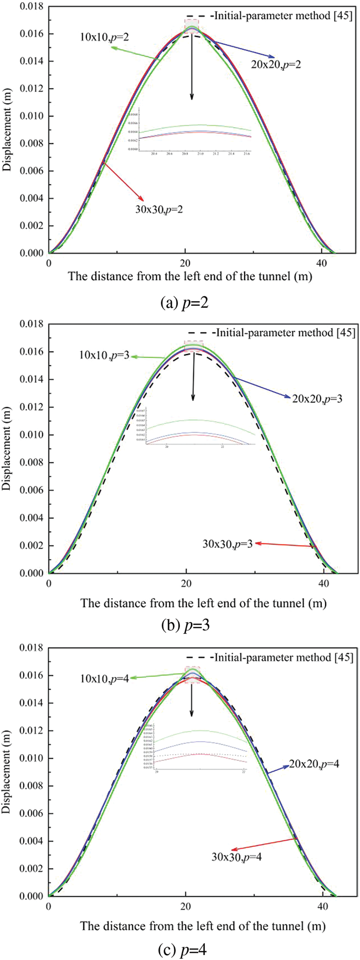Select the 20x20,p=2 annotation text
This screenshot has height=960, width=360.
(276, 64)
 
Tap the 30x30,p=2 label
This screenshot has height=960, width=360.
(159, 209)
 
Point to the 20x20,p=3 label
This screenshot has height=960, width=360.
(317, 398)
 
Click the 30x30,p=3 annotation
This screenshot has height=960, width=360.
(227, 544)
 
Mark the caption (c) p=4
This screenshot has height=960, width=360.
(182, 950)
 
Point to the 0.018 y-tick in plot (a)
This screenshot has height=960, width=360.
(31, 6)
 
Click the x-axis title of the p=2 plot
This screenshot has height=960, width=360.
(190, 276)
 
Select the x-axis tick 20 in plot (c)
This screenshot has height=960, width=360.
(186, 906)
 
